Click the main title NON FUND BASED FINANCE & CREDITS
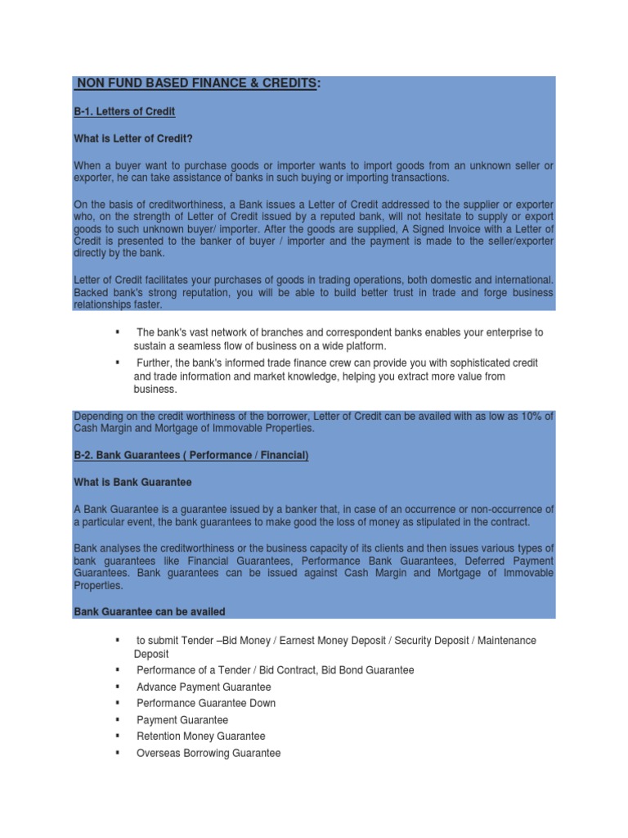point(196,84)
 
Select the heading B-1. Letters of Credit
point(124,110)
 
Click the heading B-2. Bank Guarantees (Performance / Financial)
point(191,455)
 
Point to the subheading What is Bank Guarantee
point(132,482)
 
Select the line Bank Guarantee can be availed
point(150,611)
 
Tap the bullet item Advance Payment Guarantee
point(204,687)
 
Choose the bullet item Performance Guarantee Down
point(206,703)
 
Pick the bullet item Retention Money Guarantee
point(201,737)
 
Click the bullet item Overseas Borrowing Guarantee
point(209,753)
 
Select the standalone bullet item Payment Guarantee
point(182,720)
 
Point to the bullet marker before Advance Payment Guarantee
point(119,686)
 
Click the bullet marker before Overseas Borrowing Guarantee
point(119,752)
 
